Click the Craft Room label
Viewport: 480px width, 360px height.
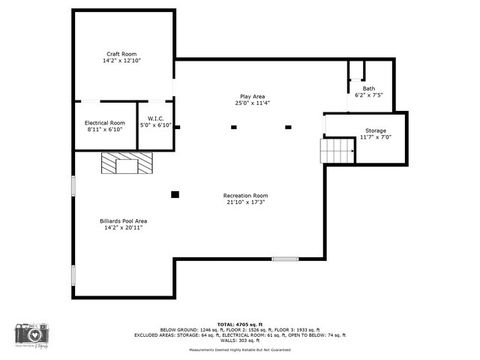coord(122,53)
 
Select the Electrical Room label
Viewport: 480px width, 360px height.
coord(103,122)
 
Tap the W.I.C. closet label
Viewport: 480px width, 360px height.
coord(156,119)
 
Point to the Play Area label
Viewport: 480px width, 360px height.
coord(252,96)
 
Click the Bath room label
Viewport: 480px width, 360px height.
coord(369,89)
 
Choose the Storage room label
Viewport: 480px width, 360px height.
coord(375,131)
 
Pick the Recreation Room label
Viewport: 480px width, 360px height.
coord(245,195)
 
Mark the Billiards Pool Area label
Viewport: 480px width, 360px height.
coord(123,220)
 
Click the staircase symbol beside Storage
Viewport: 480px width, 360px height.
coord(337,150)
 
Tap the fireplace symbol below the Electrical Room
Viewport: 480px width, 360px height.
coord(124,163)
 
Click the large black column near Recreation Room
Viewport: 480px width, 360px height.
coord(175,194)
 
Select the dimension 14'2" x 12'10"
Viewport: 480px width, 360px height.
coord(122,60)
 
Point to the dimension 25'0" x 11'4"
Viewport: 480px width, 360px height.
coord(252,103)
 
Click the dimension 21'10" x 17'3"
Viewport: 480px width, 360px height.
coord(245,202)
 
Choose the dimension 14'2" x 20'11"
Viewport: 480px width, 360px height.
coord(123,227)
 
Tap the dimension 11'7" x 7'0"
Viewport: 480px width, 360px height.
coord(375,137)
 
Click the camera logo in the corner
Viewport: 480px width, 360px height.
coord(29,337)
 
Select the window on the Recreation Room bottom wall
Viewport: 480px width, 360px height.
coord(285,260)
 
